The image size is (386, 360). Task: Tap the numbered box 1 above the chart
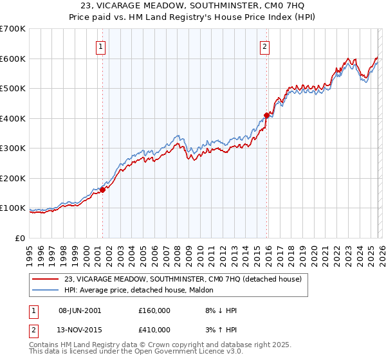tap(102, 46)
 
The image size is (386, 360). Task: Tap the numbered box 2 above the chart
tap(265, 46)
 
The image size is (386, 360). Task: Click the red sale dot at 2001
tap(102, 190)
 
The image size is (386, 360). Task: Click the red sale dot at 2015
tap(266, 116)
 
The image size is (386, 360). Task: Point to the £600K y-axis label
tap(13, 59)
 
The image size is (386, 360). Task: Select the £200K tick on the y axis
tap(13, 178)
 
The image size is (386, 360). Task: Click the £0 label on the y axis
tap(21, 238)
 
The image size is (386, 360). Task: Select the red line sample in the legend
tap(46, 279)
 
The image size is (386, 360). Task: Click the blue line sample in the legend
tap(46, 290)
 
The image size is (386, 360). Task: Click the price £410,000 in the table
tap(154, 330)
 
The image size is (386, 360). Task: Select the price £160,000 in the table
tap(154, 310)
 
